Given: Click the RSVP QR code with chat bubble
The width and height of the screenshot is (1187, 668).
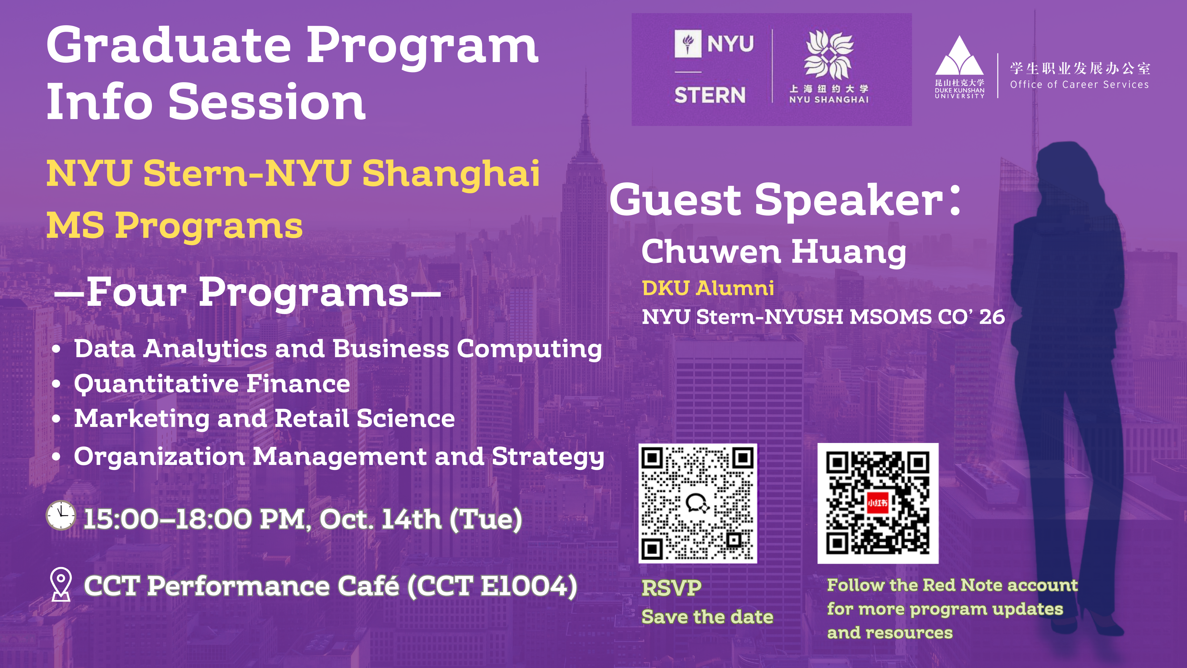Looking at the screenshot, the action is [698, 504].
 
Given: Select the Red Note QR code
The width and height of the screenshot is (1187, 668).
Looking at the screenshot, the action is [878, 504].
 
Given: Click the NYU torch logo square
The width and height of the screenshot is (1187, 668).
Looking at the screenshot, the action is [688, 44].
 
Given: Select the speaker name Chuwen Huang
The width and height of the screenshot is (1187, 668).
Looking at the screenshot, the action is [774, 252].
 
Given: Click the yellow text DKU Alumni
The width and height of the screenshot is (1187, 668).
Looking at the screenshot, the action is [708, 288].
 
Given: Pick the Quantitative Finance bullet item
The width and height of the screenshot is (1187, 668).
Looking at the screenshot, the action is [212, 384].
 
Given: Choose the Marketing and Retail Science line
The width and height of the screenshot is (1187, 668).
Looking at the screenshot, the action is [264, 419].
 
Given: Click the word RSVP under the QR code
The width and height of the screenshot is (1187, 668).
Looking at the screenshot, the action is [671, 588].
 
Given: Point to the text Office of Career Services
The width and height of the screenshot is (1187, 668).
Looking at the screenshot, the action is [1079, 84].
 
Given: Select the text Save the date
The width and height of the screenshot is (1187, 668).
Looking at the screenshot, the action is [707, 617].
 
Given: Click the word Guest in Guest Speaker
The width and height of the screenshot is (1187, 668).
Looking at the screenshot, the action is [675, 199].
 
